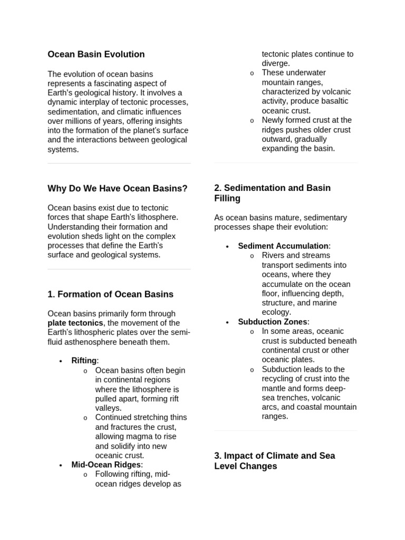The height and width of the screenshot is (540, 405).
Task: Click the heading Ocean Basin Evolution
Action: coord(96,54)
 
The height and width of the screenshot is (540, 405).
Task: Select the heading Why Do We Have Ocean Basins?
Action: coord(118,188)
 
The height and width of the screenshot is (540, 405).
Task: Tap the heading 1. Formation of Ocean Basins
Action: coord(110,294)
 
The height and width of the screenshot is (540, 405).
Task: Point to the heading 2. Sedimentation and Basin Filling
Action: coord(272,193)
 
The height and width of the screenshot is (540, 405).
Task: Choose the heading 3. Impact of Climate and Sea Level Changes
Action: coord(274,461)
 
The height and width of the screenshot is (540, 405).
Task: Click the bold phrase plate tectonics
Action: coord(75,323)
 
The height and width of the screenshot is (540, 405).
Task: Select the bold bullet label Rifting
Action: coord(84,361)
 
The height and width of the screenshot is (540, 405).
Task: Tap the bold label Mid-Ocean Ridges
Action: coord(106,465)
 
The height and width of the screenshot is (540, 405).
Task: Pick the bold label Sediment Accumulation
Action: coord(283,246)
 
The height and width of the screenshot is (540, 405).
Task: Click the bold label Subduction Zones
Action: coord(272,322)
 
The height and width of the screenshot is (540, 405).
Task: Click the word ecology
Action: coord(276,312)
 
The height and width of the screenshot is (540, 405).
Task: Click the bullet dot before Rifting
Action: coord(61,361)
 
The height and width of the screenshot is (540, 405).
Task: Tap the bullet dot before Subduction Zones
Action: coord(227,322)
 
